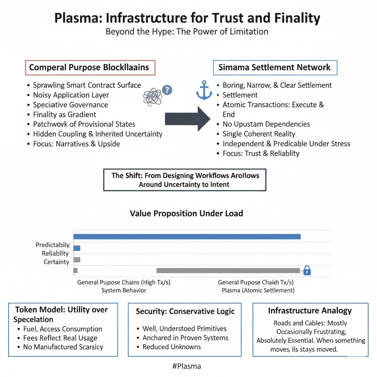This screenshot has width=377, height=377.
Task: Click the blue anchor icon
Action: point(204,90)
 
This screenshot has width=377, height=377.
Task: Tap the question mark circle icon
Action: point(167,90)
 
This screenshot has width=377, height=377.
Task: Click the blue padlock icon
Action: point(307,271)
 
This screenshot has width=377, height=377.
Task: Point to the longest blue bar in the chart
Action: point(187,236)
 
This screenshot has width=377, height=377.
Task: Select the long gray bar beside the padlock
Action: point(228,271)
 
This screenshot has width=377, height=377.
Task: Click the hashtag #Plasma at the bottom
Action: point(187,366)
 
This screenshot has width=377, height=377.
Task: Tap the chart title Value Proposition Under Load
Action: point(186,213)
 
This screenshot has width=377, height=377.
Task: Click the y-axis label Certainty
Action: point(56,262)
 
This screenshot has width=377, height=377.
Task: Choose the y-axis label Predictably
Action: point(53,245)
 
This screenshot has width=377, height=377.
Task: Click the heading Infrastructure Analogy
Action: point(310,311)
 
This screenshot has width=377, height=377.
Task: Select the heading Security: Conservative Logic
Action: point(185,311)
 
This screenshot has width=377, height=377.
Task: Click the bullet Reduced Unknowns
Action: point(172,347)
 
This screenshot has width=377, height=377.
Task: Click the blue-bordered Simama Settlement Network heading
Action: point(275,68)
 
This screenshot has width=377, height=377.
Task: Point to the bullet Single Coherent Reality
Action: point(259,134)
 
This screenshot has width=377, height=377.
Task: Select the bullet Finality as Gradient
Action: point(64,114)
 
